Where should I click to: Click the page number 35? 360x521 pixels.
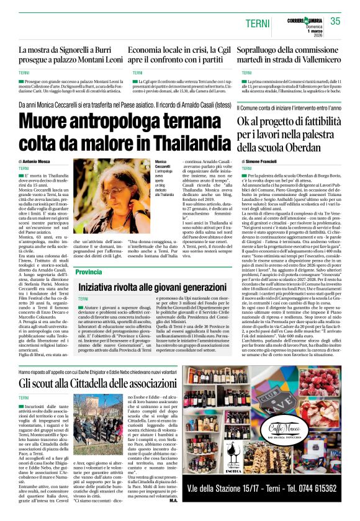coord(335,20)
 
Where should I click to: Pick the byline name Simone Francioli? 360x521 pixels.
coord(263,161)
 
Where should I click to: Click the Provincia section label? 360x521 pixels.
coord(89,272)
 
